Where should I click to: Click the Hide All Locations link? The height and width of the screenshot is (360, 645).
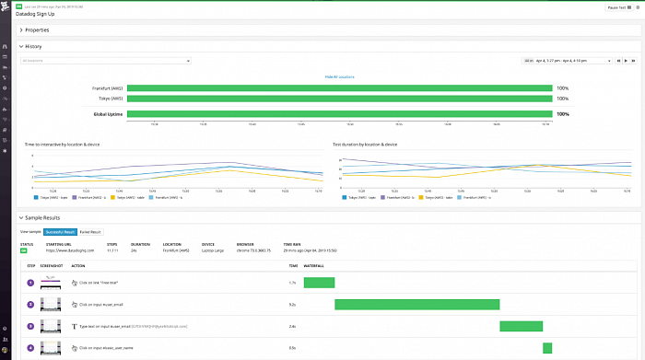tap(339, 76)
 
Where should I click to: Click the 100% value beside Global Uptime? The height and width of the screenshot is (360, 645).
tap(562, 114)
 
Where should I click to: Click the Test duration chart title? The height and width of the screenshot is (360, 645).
tap(365, 145)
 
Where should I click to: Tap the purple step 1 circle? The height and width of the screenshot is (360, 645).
tap(29, 282)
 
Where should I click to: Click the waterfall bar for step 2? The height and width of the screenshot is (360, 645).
tap(416, 304)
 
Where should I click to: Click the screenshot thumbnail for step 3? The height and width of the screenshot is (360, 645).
tap(53, 326)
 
